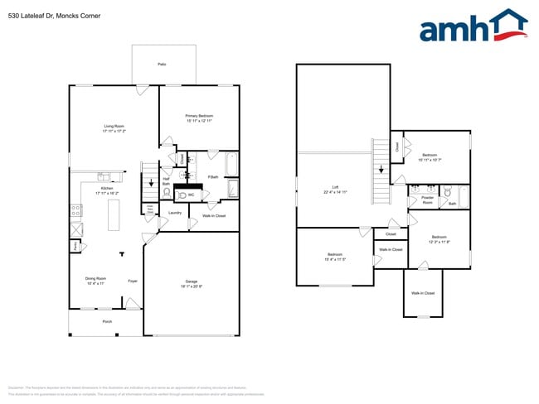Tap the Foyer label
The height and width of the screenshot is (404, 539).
pyautogui.click(x=132, y=281)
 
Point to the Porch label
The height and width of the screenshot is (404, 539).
pyautogui.click(x=107, y=321)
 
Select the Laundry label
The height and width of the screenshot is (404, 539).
pyautogui.click(x=174, y=213)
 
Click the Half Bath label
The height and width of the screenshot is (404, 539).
pyautogui.click(x=166, y=180)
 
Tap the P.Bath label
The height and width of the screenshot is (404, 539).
pyautogui.click(x=212, y=177)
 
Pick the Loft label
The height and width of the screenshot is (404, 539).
pyautogui.click(x=335, y=190)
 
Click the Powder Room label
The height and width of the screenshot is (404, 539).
pyautogui.click(x=428, y=200)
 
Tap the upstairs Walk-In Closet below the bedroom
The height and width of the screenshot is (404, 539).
pyautogui.click(x=423, y=293)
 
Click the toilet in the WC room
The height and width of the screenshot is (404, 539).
pyautogui.click(x=179, y=195)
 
